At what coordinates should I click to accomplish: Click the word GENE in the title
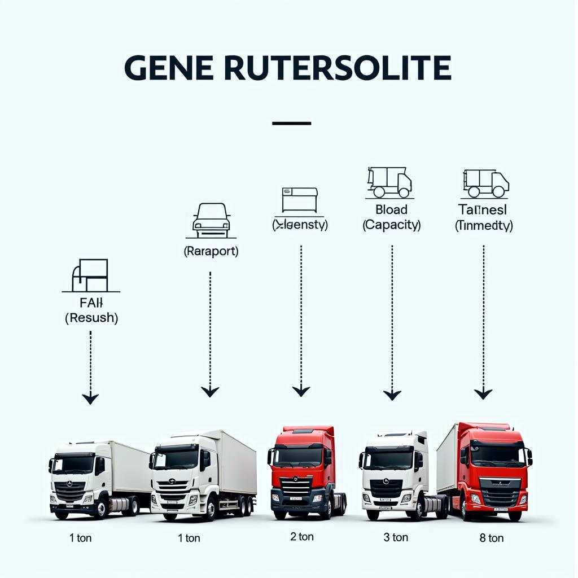(x=169, y=68)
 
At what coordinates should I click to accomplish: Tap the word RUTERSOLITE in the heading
(x=337, y=68)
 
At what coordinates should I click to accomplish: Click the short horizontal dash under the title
(x=291, y=123)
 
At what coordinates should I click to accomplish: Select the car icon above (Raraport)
(x=211, y=220)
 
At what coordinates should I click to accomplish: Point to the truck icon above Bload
(x=389, y=182)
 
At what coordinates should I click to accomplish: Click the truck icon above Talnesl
(x=485, y=183)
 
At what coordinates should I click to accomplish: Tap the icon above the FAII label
(x=90, y=275)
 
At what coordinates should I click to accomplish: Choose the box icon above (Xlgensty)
(x=300, y=200)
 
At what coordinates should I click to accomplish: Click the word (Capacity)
(x=391, y=225)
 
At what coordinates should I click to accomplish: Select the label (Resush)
(x=91, y=318)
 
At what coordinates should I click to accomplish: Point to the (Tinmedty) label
(x=484, y=225)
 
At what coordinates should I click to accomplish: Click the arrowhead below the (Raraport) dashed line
(x=210, y=391)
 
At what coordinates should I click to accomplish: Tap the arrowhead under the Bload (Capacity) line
(x=392, y=395)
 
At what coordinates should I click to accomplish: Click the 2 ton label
(x=301, y=536)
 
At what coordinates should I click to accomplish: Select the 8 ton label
(x=491, y=538)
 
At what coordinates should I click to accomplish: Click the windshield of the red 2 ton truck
(x=297, y=456)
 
